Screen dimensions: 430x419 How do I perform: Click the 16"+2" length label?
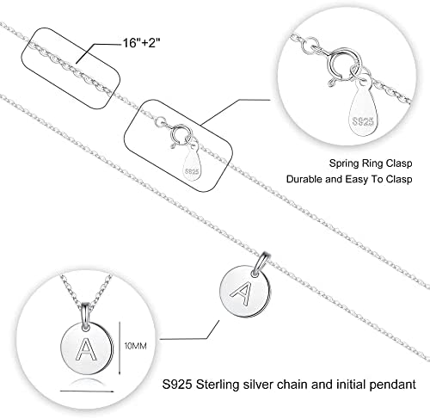(141, 43)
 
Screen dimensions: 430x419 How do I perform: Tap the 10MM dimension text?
(136, 346)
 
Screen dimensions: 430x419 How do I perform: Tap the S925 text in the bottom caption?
(177, 385)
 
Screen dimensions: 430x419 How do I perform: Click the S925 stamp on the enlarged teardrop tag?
(363, 121)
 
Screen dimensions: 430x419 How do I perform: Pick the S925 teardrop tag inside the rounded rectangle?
(192, 165)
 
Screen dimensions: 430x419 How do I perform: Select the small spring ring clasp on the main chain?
(180, 134)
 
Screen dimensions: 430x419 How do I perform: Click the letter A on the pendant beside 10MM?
(85, 349)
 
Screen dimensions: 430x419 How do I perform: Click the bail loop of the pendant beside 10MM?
(86, 317)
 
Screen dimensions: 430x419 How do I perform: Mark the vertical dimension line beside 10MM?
(120, 348)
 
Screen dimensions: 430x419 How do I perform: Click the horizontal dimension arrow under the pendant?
(87, 391)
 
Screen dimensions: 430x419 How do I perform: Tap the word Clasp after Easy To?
(399, 179)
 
